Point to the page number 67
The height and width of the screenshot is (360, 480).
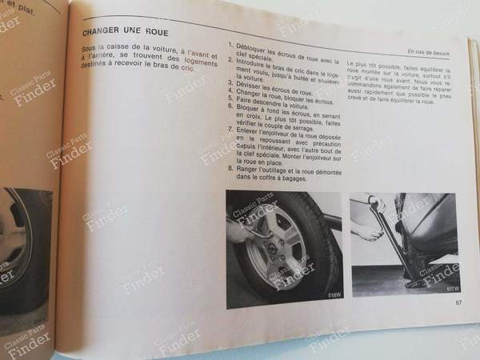[x=459, y=302]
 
